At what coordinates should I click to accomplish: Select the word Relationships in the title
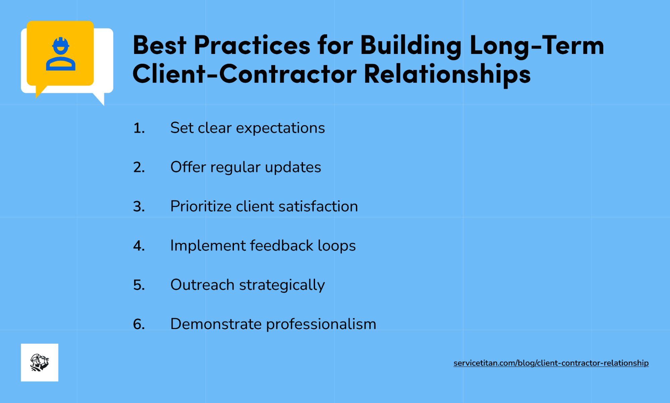[447, 74]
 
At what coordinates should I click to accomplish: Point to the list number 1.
[139, 128]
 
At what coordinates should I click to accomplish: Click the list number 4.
[139, 246]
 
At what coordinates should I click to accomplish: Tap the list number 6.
[139, 324]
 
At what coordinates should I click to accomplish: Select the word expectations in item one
[280, 128]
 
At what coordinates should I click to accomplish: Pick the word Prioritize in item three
[201, 206]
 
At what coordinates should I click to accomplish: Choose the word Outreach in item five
[202, 285]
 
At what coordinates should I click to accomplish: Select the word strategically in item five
[282, 285]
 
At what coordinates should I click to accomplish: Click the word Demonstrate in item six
[216, 324]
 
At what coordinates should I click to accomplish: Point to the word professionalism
[321, 325]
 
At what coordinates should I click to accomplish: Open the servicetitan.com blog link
[551, 363]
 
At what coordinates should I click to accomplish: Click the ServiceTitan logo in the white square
[40, 362]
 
